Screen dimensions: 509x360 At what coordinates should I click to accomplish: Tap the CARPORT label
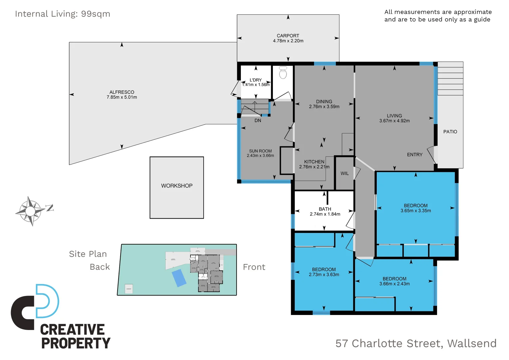288,36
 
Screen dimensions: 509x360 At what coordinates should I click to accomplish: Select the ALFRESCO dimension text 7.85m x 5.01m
122,97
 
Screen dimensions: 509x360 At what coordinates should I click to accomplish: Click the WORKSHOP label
177,186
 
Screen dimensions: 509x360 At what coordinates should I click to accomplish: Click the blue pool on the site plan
179,278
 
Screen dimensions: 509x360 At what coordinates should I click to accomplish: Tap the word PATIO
450,132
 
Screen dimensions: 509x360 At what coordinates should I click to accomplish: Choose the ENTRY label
414,155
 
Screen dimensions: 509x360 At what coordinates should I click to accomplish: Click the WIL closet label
344,173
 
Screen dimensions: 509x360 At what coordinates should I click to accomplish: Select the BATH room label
325,209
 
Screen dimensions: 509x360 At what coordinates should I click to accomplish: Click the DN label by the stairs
258,121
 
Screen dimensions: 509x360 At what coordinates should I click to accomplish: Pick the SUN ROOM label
260,151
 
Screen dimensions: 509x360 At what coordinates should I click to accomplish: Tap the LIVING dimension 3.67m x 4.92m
394,121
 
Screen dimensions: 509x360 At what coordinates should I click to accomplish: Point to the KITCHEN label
314,162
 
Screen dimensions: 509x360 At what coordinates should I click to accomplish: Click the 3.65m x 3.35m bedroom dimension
415,211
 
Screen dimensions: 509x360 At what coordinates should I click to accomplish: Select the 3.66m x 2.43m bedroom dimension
394,284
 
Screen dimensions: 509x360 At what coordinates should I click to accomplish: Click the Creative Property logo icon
35,307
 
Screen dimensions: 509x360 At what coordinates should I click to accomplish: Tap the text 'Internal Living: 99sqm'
62,14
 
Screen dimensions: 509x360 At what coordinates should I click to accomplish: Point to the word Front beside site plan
254,267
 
